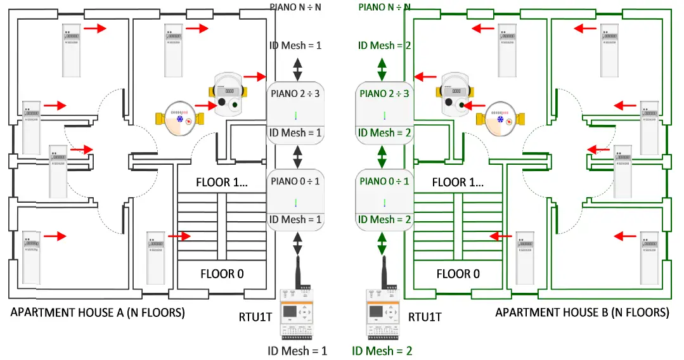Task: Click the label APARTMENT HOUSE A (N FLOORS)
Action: [x=98, y=312]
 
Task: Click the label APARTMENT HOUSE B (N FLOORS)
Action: [x=581, y=312]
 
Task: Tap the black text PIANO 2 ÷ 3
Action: [x=295, y=93]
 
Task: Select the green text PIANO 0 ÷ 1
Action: [x=385, y=181]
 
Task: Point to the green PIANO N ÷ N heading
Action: [x=384, y=7]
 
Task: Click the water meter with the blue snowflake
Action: [x=180, y=119]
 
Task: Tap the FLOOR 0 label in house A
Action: [x=222, y=274]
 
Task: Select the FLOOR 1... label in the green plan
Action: [x=458, y=182]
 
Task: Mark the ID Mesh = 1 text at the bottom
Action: [x=296, y=350]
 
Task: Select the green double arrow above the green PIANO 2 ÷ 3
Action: [x=382, y=68]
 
